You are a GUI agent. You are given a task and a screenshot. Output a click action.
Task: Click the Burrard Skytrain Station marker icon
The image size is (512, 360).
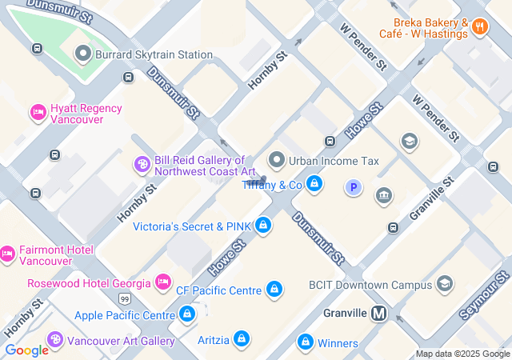point(82,54)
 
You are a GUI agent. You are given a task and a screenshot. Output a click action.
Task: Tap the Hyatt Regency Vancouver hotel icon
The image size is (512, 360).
point(38,113)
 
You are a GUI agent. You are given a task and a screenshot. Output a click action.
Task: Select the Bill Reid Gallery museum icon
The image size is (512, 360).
point(142,165)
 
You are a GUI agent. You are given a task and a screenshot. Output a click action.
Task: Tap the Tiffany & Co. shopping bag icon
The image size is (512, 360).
point(314,185)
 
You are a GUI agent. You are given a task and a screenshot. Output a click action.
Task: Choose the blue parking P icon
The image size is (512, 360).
point(353,187)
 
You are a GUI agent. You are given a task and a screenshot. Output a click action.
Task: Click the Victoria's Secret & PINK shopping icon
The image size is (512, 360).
point(262,226)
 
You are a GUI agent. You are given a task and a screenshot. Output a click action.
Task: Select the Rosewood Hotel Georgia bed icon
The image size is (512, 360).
point(163,282)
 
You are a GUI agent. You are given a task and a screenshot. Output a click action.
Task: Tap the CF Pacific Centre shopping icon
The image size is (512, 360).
point(274,289)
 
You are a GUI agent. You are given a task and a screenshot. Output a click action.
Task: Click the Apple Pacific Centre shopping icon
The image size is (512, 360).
point(187,314)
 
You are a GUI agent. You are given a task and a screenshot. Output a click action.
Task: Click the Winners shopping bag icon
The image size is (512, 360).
point(305,342)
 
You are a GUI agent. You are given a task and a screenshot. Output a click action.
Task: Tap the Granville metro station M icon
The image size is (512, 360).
point(379,314)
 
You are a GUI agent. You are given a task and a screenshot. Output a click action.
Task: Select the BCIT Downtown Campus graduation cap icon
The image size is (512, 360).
point(445,284)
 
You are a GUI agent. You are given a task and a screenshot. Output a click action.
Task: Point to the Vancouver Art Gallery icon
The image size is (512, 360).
point(55,341)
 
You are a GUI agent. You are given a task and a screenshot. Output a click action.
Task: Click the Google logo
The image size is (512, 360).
point(26,350)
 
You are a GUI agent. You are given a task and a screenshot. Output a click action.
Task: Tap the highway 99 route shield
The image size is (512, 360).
point(125,298)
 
